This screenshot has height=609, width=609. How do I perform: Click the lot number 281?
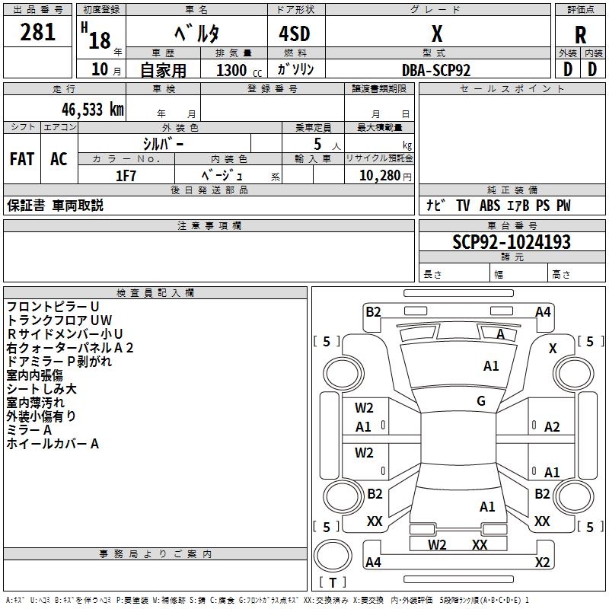click(37, 32)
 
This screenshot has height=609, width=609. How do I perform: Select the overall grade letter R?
click(580, 35)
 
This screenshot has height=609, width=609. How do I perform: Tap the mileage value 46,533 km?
click(92, 110)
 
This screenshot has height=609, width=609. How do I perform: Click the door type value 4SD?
click(295, 33)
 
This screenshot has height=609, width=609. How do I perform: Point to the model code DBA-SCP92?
click(435, 70)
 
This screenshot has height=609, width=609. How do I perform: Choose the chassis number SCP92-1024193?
click(512, 242)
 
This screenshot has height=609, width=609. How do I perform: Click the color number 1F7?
click(126, 176)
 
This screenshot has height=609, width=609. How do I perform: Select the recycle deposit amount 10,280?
click(380, 176)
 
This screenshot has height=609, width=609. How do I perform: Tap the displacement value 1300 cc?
click(239, 70)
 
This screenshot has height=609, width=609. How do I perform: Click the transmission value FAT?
click(22, 159)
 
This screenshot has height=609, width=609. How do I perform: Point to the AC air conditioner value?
click(59, 159)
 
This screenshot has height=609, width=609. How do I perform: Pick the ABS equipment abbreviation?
click(489, 206)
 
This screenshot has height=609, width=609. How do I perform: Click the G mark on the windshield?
click(481, 400)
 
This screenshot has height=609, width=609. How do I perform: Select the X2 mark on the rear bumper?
click(542, 562)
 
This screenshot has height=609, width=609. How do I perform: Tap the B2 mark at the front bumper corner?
click(373, 312)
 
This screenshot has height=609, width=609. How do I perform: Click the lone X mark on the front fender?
click(553, 349)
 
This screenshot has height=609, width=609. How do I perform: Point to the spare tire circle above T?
click(333, 556)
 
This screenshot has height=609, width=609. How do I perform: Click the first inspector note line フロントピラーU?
click(53, 307)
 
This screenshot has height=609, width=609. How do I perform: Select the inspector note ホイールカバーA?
click(53, 444)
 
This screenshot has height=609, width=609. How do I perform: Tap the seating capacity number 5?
click(317, 144)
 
